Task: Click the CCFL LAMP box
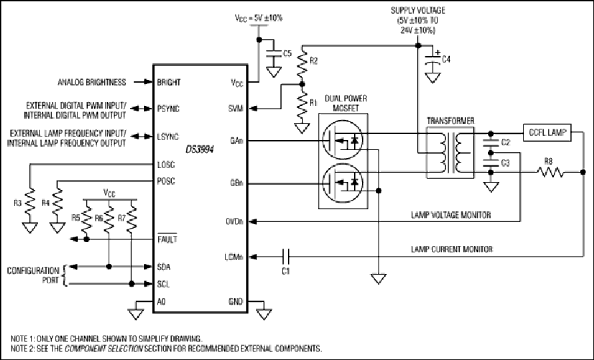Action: pos(547,133)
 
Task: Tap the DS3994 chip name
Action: pos(199,149)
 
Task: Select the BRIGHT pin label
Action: pos(169,82)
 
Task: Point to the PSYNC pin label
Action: pos(168,109)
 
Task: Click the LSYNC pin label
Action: pos(168,137)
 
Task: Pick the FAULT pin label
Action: pos(167,239)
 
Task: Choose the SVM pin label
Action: pos(235,109)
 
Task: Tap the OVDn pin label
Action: pos(235,221)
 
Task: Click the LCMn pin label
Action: pos(234,257)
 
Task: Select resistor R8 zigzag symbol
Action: pos(550,173)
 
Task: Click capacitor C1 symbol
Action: pos(286,257)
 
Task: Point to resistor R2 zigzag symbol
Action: pos(302,63)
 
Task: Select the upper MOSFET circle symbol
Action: pos(343,140)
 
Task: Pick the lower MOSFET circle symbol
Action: pos(343,183)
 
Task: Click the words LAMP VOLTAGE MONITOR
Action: pos(451,215)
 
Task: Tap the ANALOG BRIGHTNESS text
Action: pos(92,82)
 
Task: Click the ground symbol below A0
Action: pos(135,314)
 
